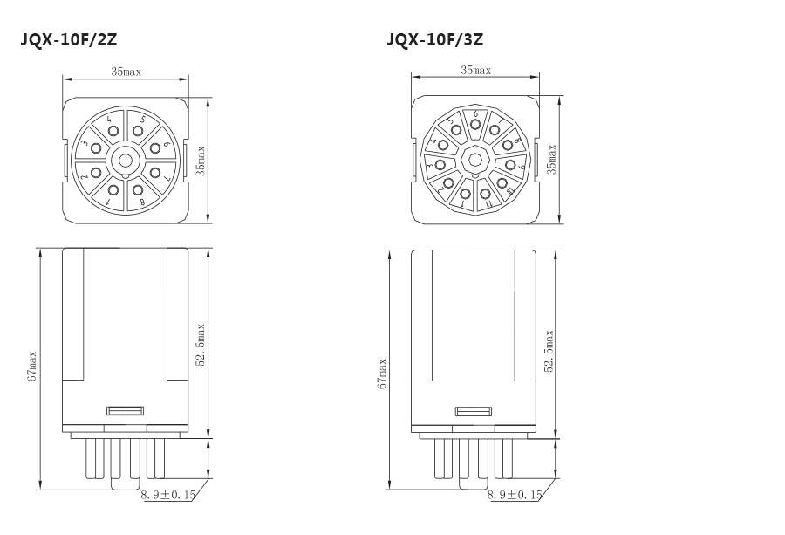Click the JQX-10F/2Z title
[x=69, y=39]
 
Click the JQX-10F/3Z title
[x=434, y=39]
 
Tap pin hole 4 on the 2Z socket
[x=113, y=131]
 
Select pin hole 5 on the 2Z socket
[x=138, y=131]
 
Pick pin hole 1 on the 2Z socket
[x=113, y=190]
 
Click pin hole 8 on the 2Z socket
[x=138, y=190]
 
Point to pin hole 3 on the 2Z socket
[x=96, y=148]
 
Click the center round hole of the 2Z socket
[x=125, y=161]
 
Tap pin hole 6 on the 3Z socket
[x=475, y=123]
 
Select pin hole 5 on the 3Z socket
[x=456, y=130]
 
